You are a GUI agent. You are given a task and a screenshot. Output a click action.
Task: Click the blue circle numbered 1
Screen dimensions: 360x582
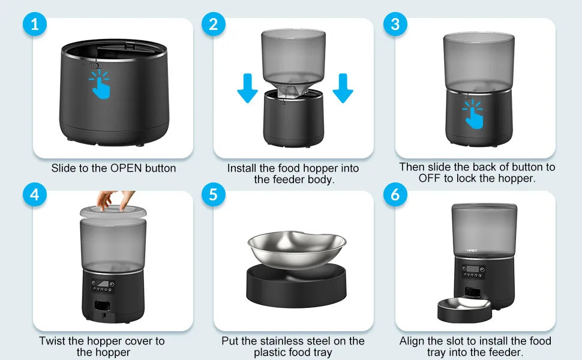pos(34,25)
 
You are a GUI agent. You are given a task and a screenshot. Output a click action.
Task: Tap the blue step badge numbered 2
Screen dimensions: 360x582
pos(214,25)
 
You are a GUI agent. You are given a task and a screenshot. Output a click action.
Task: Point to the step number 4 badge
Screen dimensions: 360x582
pos(34,195)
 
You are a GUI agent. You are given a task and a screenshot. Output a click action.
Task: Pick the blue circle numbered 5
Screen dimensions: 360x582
pos(214,195)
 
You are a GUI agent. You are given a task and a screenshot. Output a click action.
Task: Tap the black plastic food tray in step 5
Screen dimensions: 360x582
pos(296,288)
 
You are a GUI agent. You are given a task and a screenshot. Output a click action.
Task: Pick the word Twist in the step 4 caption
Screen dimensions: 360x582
pos(53,341)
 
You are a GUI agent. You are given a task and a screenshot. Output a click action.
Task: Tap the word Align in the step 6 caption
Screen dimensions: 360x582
pos(412,341)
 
